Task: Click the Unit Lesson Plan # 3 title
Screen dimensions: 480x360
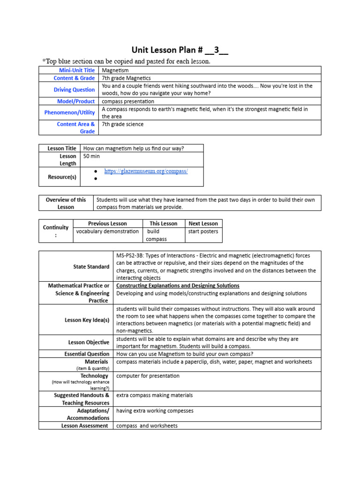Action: click(180, 50)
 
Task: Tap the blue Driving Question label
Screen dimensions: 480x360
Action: click(74, 90)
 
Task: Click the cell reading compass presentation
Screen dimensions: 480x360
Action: click(128, 101)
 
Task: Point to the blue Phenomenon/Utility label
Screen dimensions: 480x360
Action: click(69, 112)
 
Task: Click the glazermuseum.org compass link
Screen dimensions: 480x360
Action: click(146, 172)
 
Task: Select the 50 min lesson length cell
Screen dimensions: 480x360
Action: click(91, 156)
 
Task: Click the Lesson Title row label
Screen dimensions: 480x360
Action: click(62, 149)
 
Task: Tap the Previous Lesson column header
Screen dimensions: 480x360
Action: click(107, 224)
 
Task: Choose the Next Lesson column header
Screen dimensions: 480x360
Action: click(203, 224)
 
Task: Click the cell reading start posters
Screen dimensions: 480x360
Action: click(203, 232)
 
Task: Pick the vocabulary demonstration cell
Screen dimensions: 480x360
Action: click(108, 232)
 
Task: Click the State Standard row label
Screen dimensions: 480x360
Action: click(91, 267)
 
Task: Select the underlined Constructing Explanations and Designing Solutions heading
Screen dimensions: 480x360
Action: click(178, 285)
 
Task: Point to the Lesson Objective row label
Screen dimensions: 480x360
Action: click(89, 343)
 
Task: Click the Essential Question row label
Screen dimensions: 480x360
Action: click(87, 354)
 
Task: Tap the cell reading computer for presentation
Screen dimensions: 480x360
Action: click(148, 376)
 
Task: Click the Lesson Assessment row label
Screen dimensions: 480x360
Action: click(85, 426)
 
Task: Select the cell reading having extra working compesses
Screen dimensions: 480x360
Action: click(155, 411)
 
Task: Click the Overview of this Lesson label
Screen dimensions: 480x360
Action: click(66, 203)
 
